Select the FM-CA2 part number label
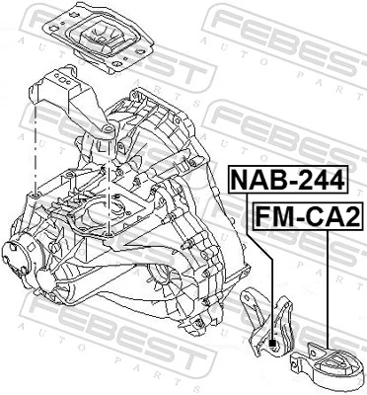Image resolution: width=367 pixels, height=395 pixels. [x=307, y=213]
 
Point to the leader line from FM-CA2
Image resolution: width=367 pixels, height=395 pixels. [x=326, y=286]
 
